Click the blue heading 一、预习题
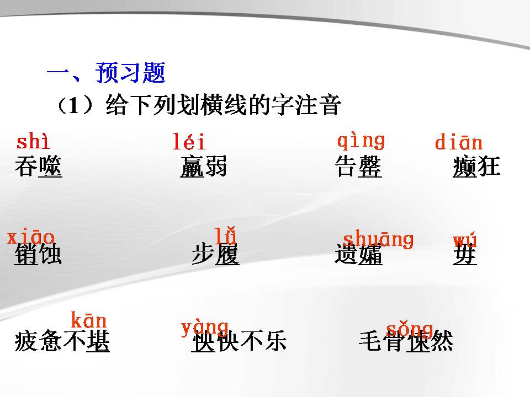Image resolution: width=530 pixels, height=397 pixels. (106, 73)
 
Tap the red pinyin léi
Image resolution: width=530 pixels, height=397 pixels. (189, 143)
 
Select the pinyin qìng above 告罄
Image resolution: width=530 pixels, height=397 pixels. (361, 141)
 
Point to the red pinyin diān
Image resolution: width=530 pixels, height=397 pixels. (458, 143)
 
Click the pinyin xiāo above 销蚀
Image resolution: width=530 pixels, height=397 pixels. (31, 238)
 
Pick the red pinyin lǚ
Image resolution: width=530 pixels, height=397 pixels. (226, 235)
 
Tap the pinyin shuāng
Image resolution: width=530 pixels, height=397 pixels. (378, 239)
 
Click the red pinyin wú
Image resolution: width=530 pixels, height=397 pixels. (465, 240)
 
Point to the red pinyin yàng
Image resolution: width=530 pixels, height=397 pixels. (204, 328)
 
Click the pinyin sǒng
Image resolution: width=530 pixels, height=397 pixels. (409, 329)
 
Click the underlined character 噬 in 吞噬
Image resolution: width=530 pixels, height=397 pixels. (50, 167)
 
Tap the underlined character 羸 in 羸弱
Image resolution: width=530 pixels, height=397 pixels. (192, 167)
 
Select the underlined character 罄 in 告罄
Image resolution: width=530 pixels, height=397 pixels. (370, 167)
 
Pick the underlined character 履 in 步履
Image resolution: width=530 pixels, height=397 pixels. (227, 255)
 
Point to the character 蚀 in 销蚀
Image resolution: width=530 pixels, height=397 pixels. (50, 255)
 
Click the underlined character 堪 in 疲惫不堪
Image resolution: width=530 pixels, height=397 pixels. (98, 342)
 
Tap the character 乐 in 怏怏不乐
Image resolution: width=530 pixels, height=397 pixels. (275, 342)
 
